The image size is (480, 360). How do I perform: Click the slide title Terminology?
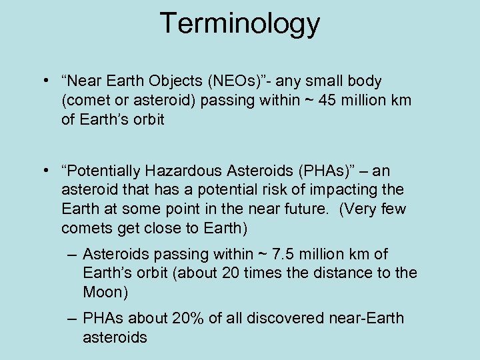point(240,24)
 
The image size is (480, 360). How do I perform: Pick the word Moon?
point(105,292)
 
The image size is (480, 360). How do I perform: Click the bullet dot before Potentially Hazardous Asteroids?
point(43,171)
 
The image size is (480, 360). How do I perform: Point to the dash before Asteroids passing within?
point(71,255)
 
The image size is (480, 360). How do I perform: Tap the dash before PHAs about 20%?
point(71,318)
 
